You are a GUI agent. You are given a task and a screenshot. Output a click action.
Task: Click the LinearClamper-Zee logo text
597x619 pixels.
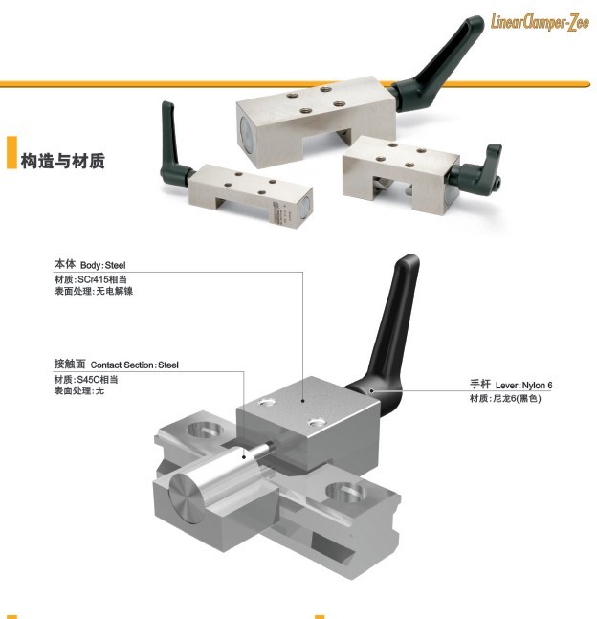point(540,22)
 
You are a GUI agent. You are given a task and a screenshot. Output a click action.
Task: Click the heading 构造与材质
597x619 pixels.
point(63,161)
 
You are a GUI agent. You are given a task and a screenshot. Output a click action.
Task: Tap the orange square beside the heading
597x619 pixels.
point(11,152)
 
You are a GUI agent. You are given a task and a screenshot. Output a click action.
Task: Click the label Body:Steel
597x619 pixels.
point(103,265)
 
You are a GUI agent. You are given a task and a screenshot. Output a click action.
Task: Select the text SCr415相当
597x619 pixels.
point(102,279)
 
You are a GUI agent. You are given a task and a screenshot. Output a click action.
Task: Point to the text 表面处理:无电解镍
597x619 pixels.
point(94,292)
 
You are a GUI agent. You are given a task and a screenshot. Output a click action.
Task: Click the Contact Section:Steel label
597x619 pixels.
point(135,365)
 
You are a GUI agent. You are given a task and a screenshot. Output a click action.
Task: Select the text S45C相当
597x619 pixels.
point(98,380)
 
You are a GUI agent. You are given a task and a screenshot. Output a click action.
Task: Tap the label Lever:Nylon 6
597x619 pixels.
point(524,385)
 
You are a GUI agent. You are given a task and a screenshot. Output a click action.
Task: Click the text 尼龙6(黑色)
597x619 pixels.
point(517,398)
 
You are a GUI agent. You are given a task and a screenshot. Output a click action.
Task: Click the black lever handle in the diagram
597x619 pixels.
point(389,336)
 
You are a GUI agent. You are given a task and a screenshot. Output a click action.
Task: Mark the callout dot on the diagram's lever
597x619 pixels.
point(371,391)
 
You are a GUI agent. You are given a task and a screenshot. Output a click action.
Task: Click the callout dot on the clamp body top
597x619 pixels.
point(303,401)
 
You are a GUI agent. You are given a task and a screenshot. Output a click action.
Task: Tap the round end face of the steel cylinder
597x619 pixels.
point(185,498)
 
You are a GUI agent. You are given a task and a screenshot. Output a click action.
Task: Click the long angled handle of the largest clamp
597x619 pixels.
point(438,65)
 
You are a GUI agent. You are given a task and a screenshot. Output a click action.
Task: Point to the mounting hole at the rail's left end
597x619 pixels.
point(206,430)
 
